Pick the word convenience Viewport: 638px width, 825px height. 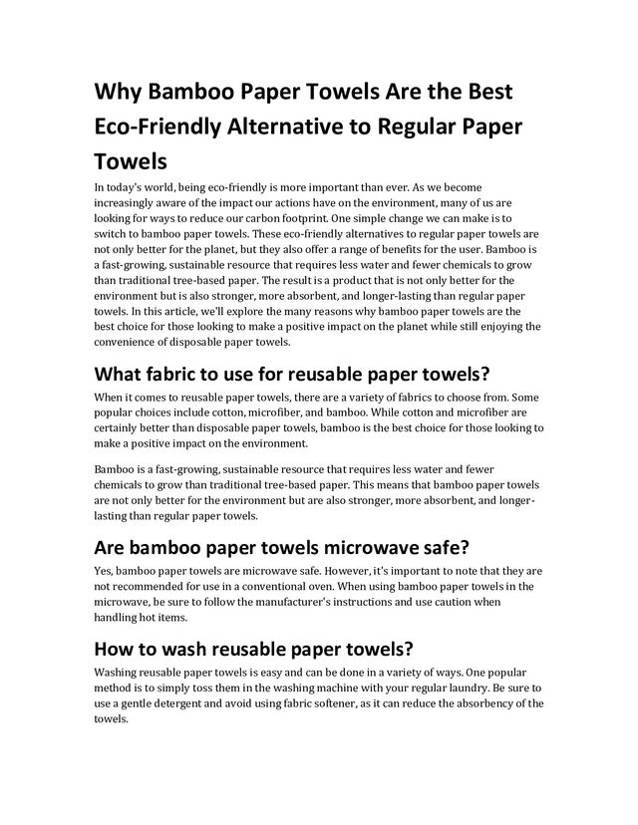point(127,341)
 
